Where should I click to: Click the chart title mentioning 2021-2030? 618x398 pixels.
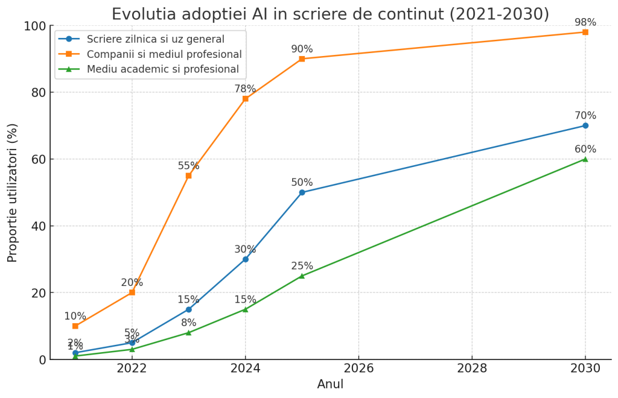[x=330, y=14]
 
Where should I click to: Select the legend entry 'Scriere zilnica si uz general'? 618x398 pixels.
[x=155, y=39]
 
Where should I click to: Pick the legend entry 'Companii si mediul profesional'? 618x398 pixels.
[x=164, y=54]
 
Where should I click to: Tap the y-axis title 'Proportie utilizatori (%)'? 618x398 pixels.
[x=13, y=192]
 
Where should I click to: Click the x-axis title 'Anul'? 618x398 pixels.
[x=330, y=384]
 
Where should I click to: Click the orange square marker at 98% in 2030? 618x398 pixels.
[x=585, y=32]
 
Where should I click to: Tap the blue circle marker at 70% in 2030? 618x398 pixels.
[x=585, y=125]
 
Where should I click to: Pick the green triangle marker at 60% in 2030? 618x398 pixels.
[x=585, y=159]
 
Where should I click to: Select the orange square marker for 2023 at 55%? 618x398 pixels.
[x=188, y=175]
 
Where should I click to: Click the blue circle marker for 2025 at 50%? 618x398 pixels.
[x=302, y=192]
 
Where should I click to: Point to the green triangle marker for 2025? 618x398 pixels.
[x=302, y=276]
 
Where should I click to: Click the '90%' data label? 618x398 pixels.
[x=302, y=49]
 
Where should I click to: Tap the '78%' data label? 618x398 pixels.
[x=245, y=89]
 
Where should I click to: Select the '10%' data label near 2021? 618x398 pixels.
[x=75, y=317]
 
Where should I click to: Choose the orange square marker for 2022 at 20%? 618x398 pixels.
[x=132, y=292]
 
